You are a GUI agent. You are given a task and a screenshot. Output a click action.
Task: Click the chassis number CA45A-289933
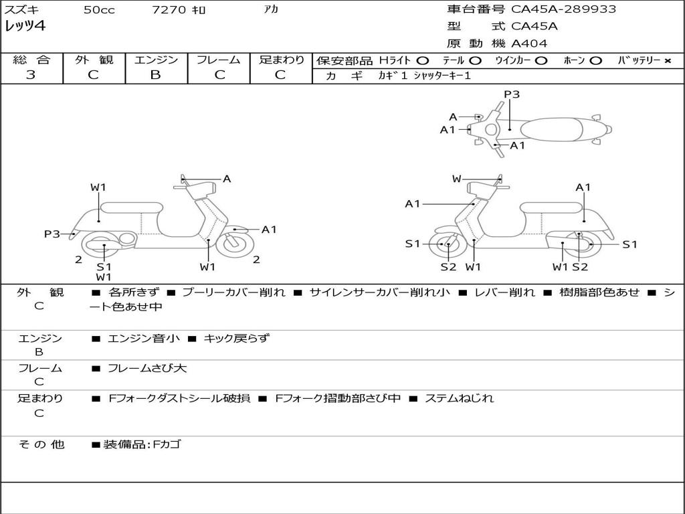pyautogui.click(x=563, y=9)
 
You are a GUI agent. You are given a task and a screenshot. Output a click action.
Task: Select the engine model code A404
pyautogui.click(x=529, y=44)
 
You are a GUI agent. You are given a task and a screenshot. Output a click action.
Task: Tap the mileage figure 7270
pyautogui.click(x=169, y=9)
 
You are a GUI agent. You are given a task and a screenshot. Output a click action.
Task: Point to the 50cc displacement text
pyautogui.click(x=99, y=9)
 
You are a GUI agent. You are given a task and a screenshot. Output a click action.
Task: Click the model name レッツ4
pyautogui.click(x=25, y=26)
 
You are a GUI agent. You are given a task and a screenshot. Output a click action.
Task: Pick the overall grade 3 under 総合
pyautogui.click(x=31, y=75)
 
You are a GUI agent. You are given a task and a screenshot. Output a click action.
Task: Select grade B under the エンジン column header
pyautogui.click(x=155, y=75)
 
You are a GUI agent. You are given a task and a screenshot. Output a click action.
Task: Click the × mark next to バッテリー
pyautogui.click(x=668, y=61)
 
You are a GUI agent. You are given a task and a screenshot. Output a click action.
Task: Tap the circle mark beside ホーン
pyautogui.click(x=595, y=61)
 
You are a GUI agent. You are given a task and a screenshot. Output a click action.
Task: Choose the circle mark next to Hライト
pyautogui.click(x=423, y=61)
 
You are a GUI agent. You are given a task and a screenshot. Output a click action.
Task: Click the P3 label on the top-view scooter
pyautogui.click(x=512, y=94)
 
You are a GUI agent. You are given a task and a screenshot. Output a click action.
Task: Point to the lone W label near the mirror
pyautogui.click(x=456, y=179)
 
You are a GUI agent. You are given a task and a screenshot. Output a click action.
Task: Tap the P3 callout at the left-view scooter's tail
pyautogui.click(x=52, y=234)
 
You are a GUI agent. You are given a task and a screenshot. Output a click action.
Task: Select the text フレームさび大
pyautogui.click(x=147, y=369)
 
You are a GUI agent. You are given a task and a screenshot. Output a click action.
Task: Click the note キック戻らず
pyautogui.click(x=237, y=338)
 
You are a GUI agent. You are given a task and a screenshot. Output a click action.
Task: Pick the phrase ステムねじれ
pyautogui.click(x=459, y=398)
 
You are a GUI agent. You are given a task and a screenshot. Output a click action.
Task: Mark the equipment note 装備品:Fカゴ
pyautogui.click(x=142, y=444)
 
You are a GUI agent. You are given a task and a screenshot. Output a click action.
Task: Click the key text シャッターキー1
pyautogui.click(x=442, y=76)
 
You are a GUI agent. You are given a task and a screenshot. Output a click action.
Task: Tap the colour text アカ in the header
pyautogui.click(x=271, y=9)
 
